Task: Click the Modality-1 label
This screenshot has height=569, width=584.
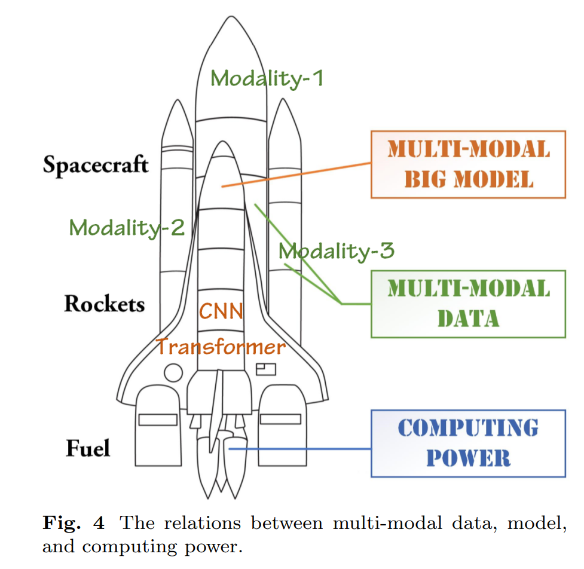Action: (x=267, y=78)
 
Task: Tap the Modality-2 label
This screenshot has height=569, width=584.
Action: (x=127, y=228)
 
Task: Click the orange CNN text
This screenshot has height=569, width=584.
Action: (x=221, y=311)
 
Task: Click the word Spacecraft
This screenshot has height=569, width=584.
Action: (x=96, y=165)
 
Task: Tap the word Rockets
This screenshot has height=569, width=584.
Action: (x=105, y=304)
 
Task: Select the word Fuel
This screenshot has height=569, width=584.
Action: (x=88, y=448)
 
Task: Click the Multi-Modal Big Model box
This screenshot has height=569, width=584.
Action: (x=468, y=131)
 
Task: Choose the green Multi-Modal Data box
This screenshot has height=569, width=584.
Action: (x=468, y=271)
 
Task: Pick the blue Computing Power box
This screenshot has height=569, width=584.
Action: (x=468, y=411)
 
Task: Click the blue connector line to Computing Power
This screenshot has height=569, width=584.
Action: (x=300, y=449)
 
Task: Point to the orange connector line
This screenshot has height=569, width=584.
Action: (x=296, y=175)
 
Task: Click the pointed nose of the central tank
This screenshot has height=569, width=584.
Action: (x=231, y=17)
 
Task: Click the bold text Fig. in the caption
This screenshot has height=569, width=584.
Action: (x=62, y=523)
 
